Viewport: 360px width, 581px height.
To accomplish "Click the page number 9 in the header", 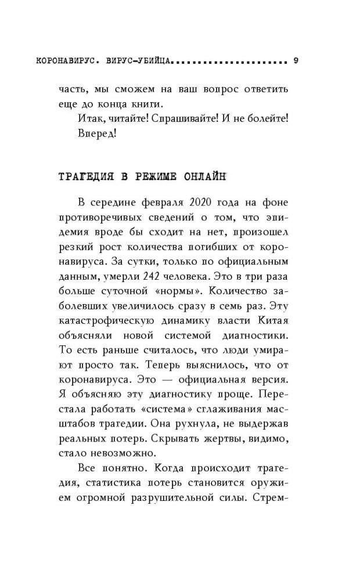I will coord(296,61).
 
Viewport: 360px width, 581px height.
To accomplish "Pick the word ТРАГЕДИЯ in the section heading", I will coord(81,175).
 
